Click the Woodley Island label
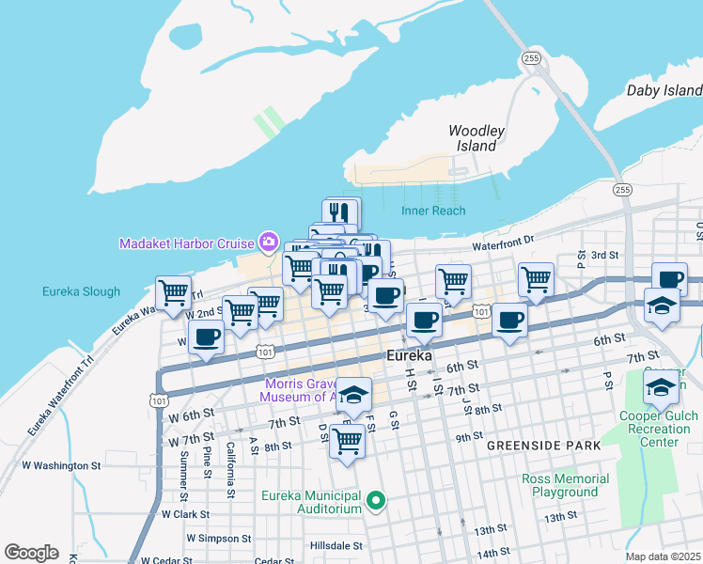pyautogui.click(x=476, y=138)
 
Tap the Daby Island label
pyautogui.click(x=664, y=90)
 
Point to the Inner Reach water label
pyautogui.click(x=433, y=211)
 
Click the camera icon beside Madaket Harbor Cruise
pyautogui.click(x=269, y=243)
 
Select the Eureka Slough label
pyautogui.click(x=81, y=291)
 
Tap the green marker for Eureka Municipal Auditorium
pyautogui.click(x=377, y=501)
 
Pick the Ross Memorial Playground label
pyautogui.click(x=565, y=485)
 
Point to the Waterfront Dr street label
pyautogui.click(x=503, y=243)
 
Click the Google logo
pyautogui.click(x=31, y=553)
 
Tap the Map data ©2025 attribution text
pyautogui.click(x=664, y=556)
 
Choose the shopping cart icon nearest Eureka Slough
pyautogui.click(x=173, y=292)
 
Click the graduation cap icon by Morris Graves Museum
pyautogui.click(x=353, y=396)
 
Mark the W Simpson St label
pyautogui.click(x=218, y=539)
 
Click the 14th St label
pyautogui.click(x=492, y=555)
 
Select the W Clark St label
pyautogui.click(x=184, y=514)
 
